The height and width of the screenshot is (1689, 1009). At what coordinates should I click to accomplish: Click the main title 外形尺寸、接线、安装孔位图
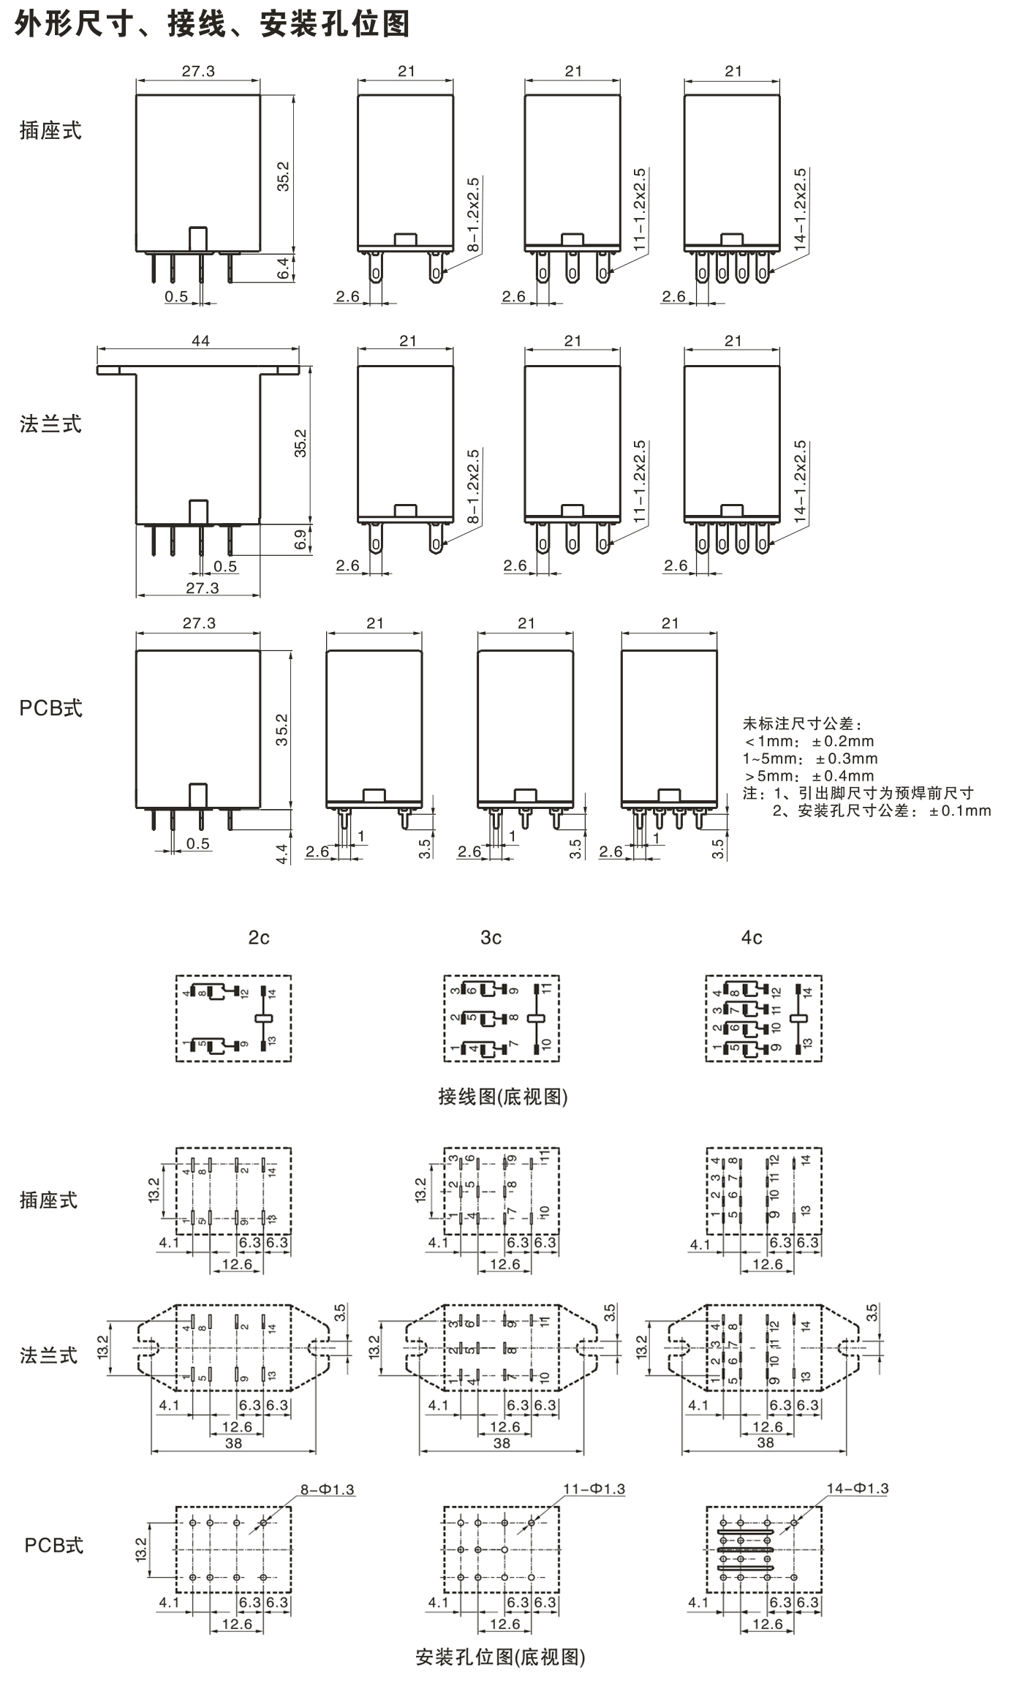tap(212, 24)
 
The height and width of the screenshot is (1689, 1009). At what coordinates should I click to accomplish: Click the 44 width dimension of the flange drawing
tap(200, 341)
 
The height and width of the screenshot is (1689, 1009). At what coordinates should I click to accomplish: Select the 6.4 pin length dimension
tap(284, 268)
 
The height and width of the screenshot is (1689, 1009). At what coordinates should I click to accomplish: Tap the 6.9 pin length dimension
tap(301, 540)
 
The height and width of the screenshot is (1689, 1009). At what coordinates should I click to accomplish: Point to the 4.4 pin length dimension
tap(283, 853)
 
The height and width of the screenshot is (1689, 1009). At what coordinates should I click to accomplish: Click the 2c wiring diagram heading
tap(259, 938)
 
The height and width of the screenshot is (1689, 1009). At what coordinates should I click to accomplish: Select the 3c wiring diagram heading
tap(491, 938)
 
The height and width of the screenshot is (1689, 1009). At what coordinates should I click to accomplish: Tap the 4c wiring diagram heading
tap(752, 938)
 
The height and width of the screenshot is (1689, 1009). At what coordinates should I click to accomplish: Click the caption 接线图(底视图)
tap(503, 1096)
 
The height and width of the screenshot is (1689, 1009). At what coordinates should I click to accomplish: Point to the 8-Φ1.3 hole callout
tap(327, 1489)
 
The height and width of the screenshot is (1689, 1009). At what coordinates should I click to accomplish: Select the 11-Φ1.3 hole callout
tap(594, 1489)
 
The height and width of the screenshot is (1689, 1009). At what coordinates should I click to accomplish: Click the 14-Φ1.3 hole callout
tap(858, 1489)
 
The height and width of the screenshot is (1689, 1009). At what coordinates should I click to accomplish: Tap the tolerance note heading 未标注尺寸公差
tap(802, 724)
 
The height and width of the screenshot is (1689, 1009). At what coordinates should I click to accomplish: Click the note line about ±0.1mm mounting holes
tap(882, 810)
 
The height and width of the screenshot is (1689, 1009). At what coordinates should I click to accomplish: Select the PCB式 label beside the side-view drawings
tap(51, 708)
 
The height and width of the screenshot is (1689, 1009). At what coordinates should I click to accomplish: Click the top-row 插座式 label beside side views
tap(50, 131)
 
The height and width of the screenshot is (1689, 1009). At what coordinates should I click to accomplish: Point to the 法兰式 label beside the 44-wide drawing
tap(50, 424)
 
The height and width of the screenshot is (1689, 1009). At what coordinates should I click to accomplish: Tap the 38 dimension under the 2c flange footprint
tap(233, 1443)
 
